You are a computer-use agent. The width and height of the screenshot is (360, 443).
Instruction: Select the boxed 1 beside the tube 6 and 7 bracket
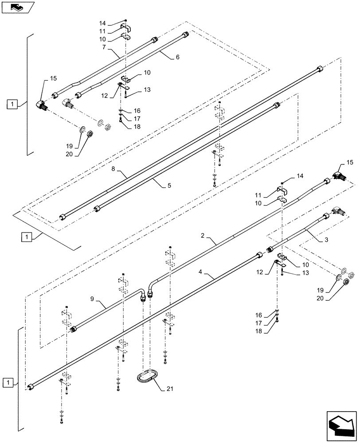click(13, 105)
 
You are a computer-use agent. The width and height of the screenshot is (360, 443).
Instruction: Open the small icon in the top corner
click(17, 7)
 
